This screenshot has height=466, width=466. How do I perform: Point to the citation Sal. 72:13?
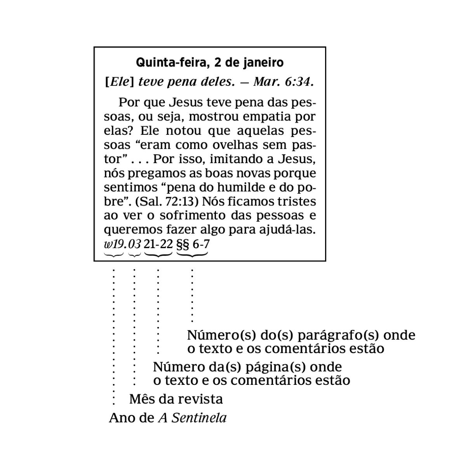coord(167,202)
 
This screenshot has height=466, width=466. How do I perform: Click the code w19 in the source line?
coord(114,244)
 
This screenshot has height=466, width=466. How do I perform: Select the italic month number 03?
coord(134,244)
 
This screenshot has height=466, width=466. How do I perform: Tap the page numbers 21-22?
coord(158,244)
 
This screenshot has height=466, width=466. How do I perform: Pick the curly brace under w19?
coord(114,255)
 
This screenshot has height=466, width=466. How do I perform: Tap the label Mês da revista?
coord(176,399)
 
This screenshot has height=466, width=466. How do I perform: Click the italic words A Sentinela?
coord(192,418)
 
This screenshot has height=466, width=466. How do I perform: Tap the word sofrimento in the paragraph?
coord(193,216)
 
